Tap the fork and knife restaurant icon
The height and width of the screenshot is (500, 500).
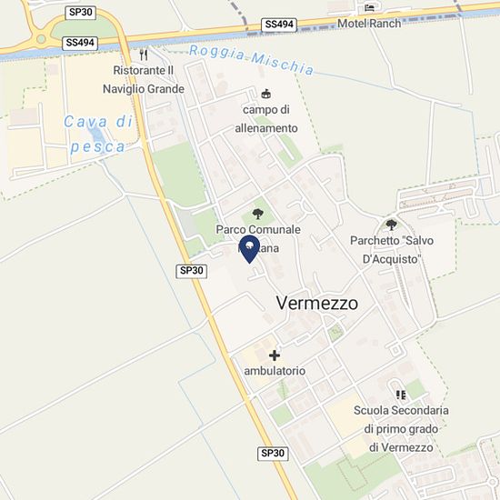pos(143,55)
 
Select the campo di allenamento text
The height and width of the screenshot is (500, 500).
pos(270,119)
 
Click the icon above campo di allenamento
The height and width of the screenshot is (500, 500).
pos(265,93)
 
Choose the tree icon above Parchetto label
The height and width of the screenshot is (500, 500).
pos(392,225)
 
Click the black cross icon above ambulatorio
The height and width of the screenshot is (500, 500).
pos(275,355)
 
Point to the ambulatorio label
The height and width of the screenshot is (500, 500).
pos(275,372)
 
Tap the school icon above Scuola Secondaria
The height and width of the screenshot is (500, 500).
pos(400,395)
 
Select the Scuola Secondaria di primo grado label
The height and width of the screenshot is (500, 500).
pos(400,427)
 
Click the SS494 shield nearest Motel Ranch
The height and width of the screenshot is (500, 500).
pos(278,24)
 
